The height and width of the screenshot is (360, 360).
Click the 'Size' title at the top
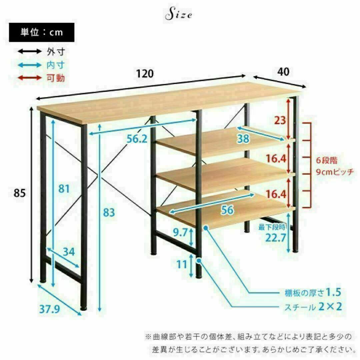point(178,14)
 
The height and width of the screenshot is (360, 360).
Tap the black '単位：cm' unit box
point(42,32)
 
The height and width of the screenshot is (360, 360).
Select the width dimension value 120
point(145,74)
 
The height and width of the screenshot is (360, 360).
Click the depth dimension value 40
point(283,72)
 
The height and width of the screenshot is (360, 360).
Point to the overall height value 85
point(20,193)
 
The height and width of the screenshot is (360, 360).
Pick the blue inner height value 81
point(64,189)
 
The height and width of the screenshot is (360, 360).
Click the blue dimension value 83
point(109,212)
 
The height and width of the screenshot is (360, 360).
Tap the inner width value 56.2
point(137,139)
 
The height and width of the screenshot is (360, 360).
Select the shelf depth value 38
point(243,139)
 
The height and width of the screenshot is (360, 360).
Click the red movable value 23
point(280,120)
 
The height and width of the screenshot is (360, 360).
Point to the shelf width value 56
point(227,210)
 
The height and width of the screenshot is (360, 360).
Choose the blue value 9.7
point(180,233)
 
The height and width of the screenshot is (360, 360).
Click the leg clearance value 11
point(182,264)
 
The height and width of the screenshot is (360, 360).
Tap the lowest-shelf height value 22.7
point(276,238)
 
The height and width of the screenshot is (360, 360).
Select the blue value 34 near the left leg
point(69,252)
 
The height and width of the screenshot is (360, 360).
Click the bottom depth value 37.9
point(50,309)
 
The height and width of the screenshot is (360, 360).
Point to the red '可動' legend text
point(56,78)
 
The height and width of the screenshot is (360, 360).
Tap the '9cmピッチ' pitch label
point(335,172)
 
